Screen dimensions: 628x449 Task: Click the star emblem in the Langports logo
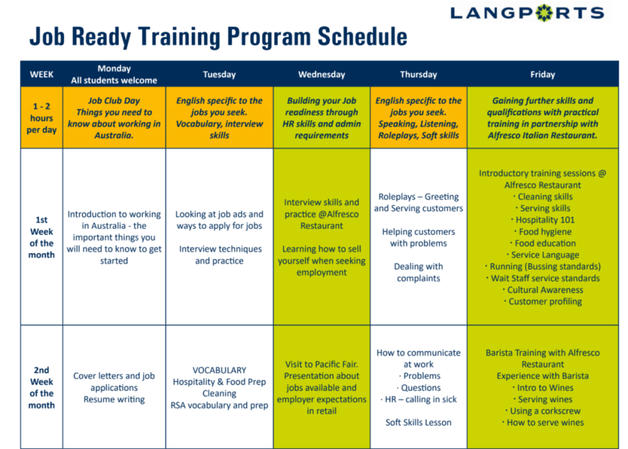[545, 13]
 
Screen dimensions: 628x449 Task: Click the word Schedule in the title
[362, 37]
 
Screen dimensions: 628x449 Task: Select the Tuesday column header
[220, 74]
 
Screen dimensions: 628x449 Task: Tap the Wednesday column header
[321, 74]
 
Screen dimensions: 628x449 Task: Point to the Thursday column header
[418, 74]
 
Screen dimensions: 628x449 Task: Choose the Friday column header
[543, 74]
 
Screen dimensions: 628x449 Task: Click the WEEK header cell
[42, 74]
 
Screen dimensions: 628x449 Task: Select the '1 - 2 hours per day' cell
[42, 118]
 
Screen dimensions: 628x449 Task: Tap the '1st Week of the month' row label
[42, 237]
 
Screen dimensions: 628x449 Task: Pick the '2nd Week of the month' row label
[42, 387]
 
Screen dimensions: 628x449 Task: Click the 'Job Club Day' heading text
[114, 101]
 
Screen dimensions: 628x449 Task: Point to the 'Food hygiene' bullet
[543, 231]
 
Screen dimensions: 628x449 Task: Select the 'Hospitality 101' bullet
[543, 220]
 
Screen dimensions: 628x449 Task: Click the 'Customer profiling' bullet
[543, 301]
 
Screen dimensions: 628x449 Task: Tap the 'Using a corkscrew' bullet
[543, 411]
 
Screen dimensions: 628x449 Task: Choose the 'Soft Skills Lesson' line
[418, 423]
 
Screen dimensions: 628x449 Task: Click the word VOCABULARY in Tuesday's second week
[220, 370]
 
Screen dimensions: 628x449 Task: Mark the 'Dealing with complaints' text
[418, 272]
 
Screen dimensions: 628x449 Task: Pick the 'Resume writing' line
[114, 399]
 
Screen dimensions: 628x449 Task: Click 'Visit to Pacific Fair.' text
[321, 364]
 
